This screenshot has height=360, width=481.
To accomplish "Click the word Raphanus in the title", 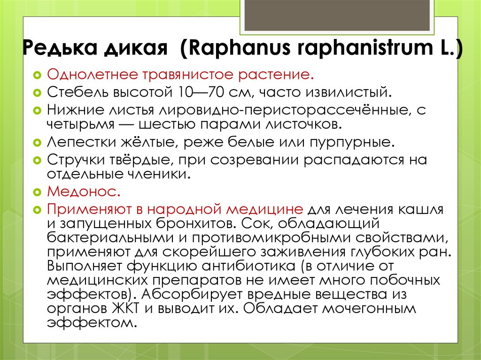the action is coord(239,48).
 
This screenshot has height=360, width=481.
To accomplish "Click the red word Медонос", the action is coord(84,191).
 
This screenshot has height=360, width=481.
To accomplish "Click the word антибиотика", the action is coord(248,266).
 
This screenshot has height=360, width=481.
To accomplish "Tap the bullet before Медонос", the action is coord(37,192).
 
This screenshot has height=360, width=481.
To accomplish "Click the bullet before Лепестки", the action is coord(37,143).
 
